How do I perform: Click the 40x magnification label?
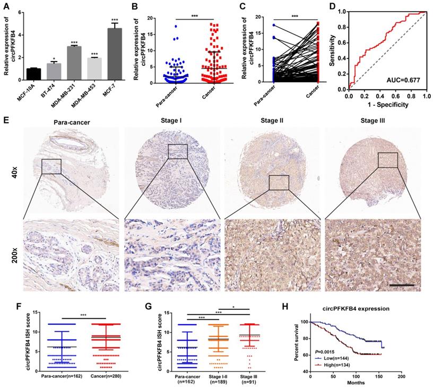coord(16,170)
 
